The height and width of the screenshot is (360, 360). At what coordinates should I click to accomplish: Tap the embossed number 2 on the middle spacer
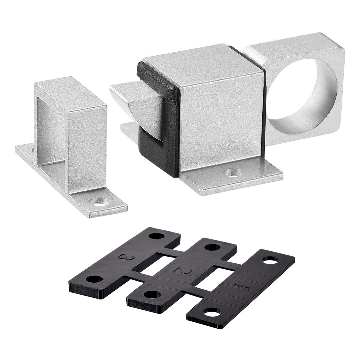pos(179,269)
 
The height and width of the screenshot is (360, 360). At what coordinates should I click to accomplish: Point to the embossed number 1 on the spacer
pos(242,287)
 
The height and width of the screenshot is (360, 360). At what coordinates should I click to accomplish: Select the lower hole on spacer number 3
pos(93,279)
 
